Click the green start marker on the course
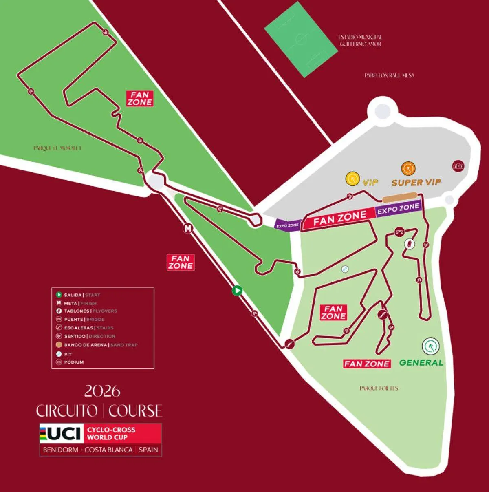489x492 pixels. tap(237, 291)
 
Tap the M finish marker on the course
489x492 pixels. tap(187, 229)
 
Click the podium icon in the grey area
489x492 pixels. tap(458, 166)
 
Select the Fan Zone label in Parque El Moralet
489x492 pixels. tap(140, 99)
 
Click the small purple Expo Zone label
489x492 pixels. tap(288, 225)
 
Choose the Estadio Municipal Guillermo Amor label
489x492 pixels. tap(360, 40)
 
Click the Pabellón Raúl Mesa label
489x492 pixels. tap(389, 75)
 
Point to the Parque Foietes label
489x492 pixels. tap(379, 388)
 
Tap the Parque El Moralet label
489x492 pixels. tap(57, 148)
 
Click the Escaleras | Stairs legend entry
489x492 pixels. tap(88, 328)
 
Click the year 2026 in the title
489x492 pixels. tap(102, 391)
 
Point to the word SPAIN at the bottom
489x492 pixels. tap(148, 450)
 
